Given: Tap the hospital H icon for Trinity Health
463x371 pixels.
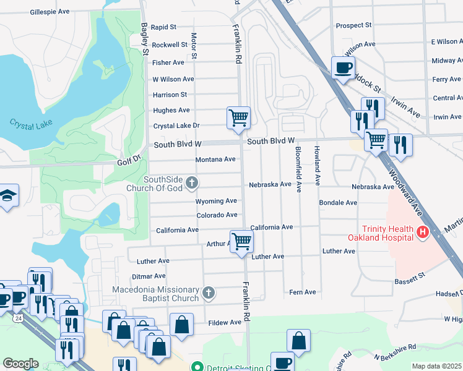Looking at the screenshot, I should point(423,232).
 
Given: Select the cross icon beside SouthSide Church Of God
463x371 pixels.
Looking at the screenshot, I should point(193,182).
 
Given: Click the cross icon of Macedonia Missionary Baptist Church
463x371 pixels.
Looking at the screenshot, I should point(209,292).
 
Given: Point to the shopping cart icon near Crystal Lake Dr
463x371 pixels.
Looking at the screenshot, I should point(239,117).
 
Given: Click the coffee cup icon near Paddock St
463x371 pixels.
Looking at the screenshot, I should point(342,67).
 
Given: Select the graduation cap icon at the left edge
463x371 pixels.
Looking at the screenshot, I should point(8,196).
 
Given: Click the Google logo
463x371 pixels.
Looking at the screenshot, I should point(20,364).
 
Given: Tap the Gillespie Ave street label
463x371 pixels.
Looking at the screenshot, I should point(50,12).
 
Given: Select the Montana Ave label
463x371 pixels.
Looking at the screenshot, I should point(215,160).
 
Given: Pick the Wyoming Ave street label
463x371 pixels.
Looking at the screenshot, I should point(216,202).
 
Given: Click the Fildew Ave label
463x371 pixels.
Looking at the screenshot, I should point(225,323).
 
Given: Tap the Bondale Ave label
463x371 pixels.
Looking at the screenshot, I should point(338,203).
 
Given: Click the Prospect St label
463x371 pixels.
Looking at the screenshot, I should point(353,26).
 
